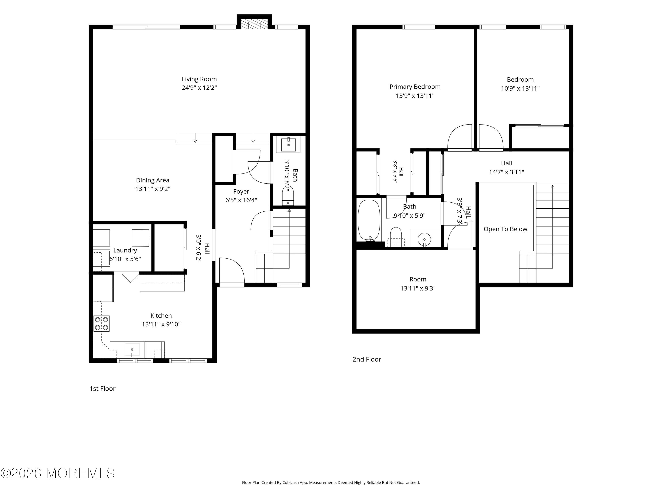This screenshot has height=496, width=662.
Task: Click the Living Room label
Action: point(199,79)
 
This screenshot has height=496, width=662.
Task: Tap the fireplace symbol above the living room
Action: point(254,24)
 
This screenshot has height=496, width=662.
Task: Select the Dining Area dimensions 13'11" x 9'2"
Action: point(153,189)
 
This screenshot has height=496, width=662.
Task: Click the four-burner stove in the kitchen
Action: point(102,323)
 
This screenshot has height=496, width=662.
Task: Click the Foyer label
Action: point(241,192)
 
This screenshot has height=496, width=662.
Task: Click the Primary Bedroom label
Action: point(415,87)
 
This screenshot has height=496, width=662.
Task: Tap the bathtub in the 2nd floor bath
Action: point(369,221)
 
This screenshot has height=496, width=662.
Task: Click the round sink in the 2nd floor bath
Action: point(424,239)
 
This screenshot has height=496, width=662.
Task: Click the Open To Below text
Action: point(506,229)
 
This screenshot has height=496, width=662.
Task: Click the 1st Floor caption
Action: point(102,389)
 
